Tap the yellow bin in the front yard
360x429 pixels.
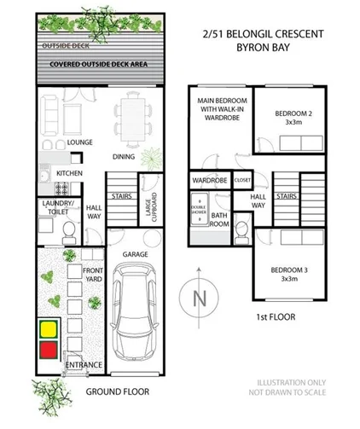point(48,327)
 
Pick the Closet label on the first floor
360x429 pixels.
point(241,181)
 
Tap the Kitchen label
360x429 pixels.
point(68,172)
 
